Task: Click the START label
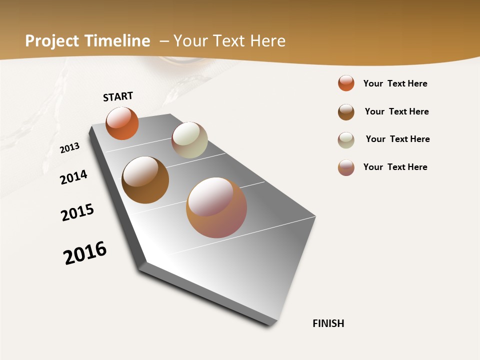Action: pos(118,96)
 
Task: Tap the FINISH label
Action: pos(328,323)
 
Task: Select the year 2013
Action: pos(69,148)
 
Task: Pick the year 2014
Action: pos(73,177)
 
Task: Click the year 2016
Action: pos(85,253)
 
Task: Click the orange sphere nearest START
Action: pos(122,123)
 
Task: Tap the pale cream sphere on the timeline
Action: pos(189,140)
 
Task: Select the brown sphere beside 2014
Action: pos(145,180)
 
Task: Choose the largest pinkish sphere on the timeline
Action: pos(216,207)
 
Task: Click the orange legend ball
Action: pos(346,83)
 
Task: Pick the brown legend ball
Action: pos(346,112)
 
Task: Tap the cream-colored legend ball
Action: pos(346,140)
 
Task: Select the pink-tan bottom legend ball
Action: pos(346,167)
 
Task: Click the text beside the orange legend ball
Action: pos(395,83)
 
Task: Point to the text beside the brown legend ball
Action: pos(396,111)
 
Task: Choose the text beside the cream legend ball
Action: pos(397,139)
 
